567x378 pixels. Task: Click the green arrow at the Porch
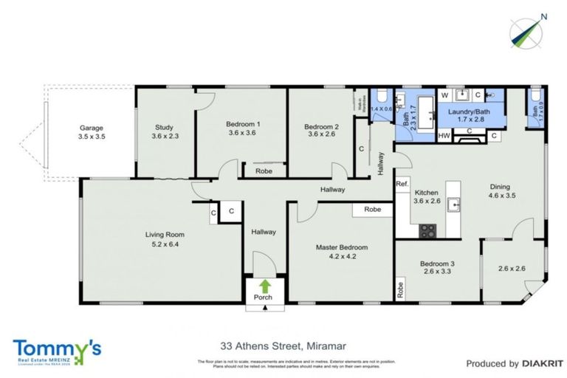pyautogui.click(x=264, y=285)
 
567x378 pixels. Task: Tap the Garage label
pyautogui.click(x=92, y=127)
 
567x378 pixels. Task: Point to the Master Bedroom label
pyautogui.click(x=341, y=247)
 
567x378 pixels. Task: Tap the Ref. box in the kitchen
pyautogui.click(x=402, y=184)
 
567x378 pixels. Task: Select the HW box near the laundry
pyautogui.click(x=444, y=136)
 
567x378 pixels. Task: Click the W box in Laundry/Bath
pyautogui.click(x=444, y=95)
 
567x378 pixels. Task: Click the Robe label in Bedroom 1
pyautogui.click(x=264, y=171)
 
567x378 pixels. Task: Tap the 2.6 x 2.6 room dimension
pyautogui.click(x=512, y=269)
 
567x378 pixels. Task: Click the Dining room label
pyautogui.click(x=502, y=187)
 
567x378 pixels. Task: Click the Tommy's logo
pyautogui.click(x=57, y=350)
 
